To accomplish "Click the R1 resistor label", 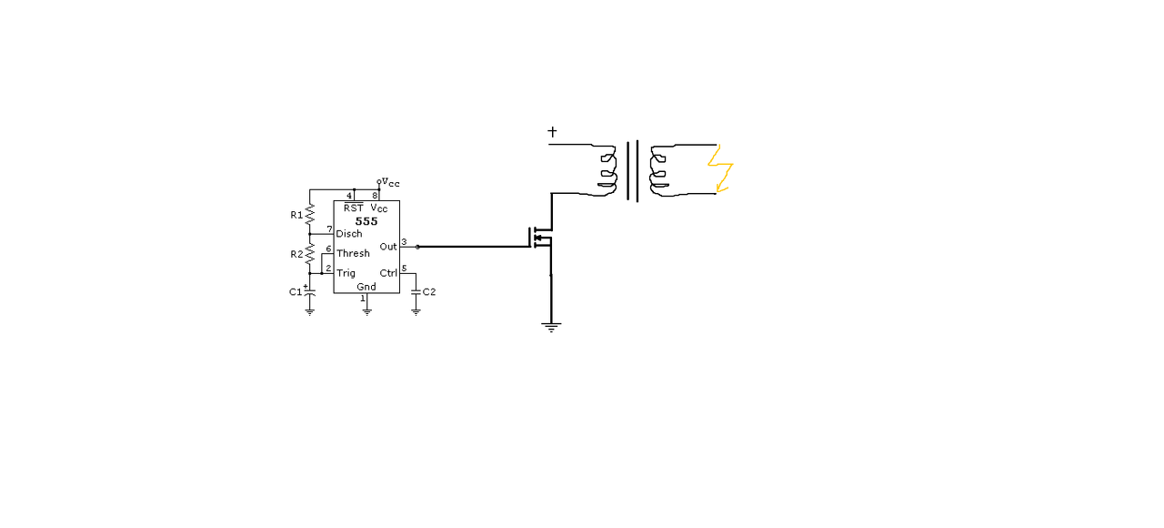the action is click(296, 215).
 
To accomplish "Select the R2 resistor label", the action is click(296, 254).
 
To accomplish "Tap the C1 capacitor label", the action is click(296, 292).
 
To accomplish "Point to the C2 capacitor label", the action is click(429, 292).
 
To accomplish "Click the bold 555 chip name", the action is click(366, 221).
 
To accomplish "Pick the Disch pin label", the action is click(349, 234).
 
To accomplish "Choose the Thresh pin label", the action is click(353, 253).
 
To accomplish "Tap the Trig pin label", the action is click(346, 273).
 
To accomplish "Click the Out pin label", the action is click(388, 247).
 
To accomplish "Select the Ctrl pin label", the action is click(388, 273).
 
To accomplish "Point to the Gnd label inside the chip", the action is click(366, 287).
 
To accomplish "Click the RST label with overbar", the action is click(354, 208).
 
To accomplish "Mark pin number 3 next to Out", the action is click(404, 242).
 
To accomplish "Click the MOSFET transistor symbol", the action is click(540, 238).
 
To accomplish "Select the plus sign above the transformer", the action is click(552, 132).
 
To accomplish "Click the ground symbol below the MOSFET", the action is click(551, 327).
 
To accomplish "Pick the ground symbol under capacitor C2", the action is click(416, 312).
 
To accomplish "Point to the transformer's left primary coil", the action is click(608, 170).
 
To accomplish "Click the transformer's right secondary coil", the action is click(658, 170).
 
